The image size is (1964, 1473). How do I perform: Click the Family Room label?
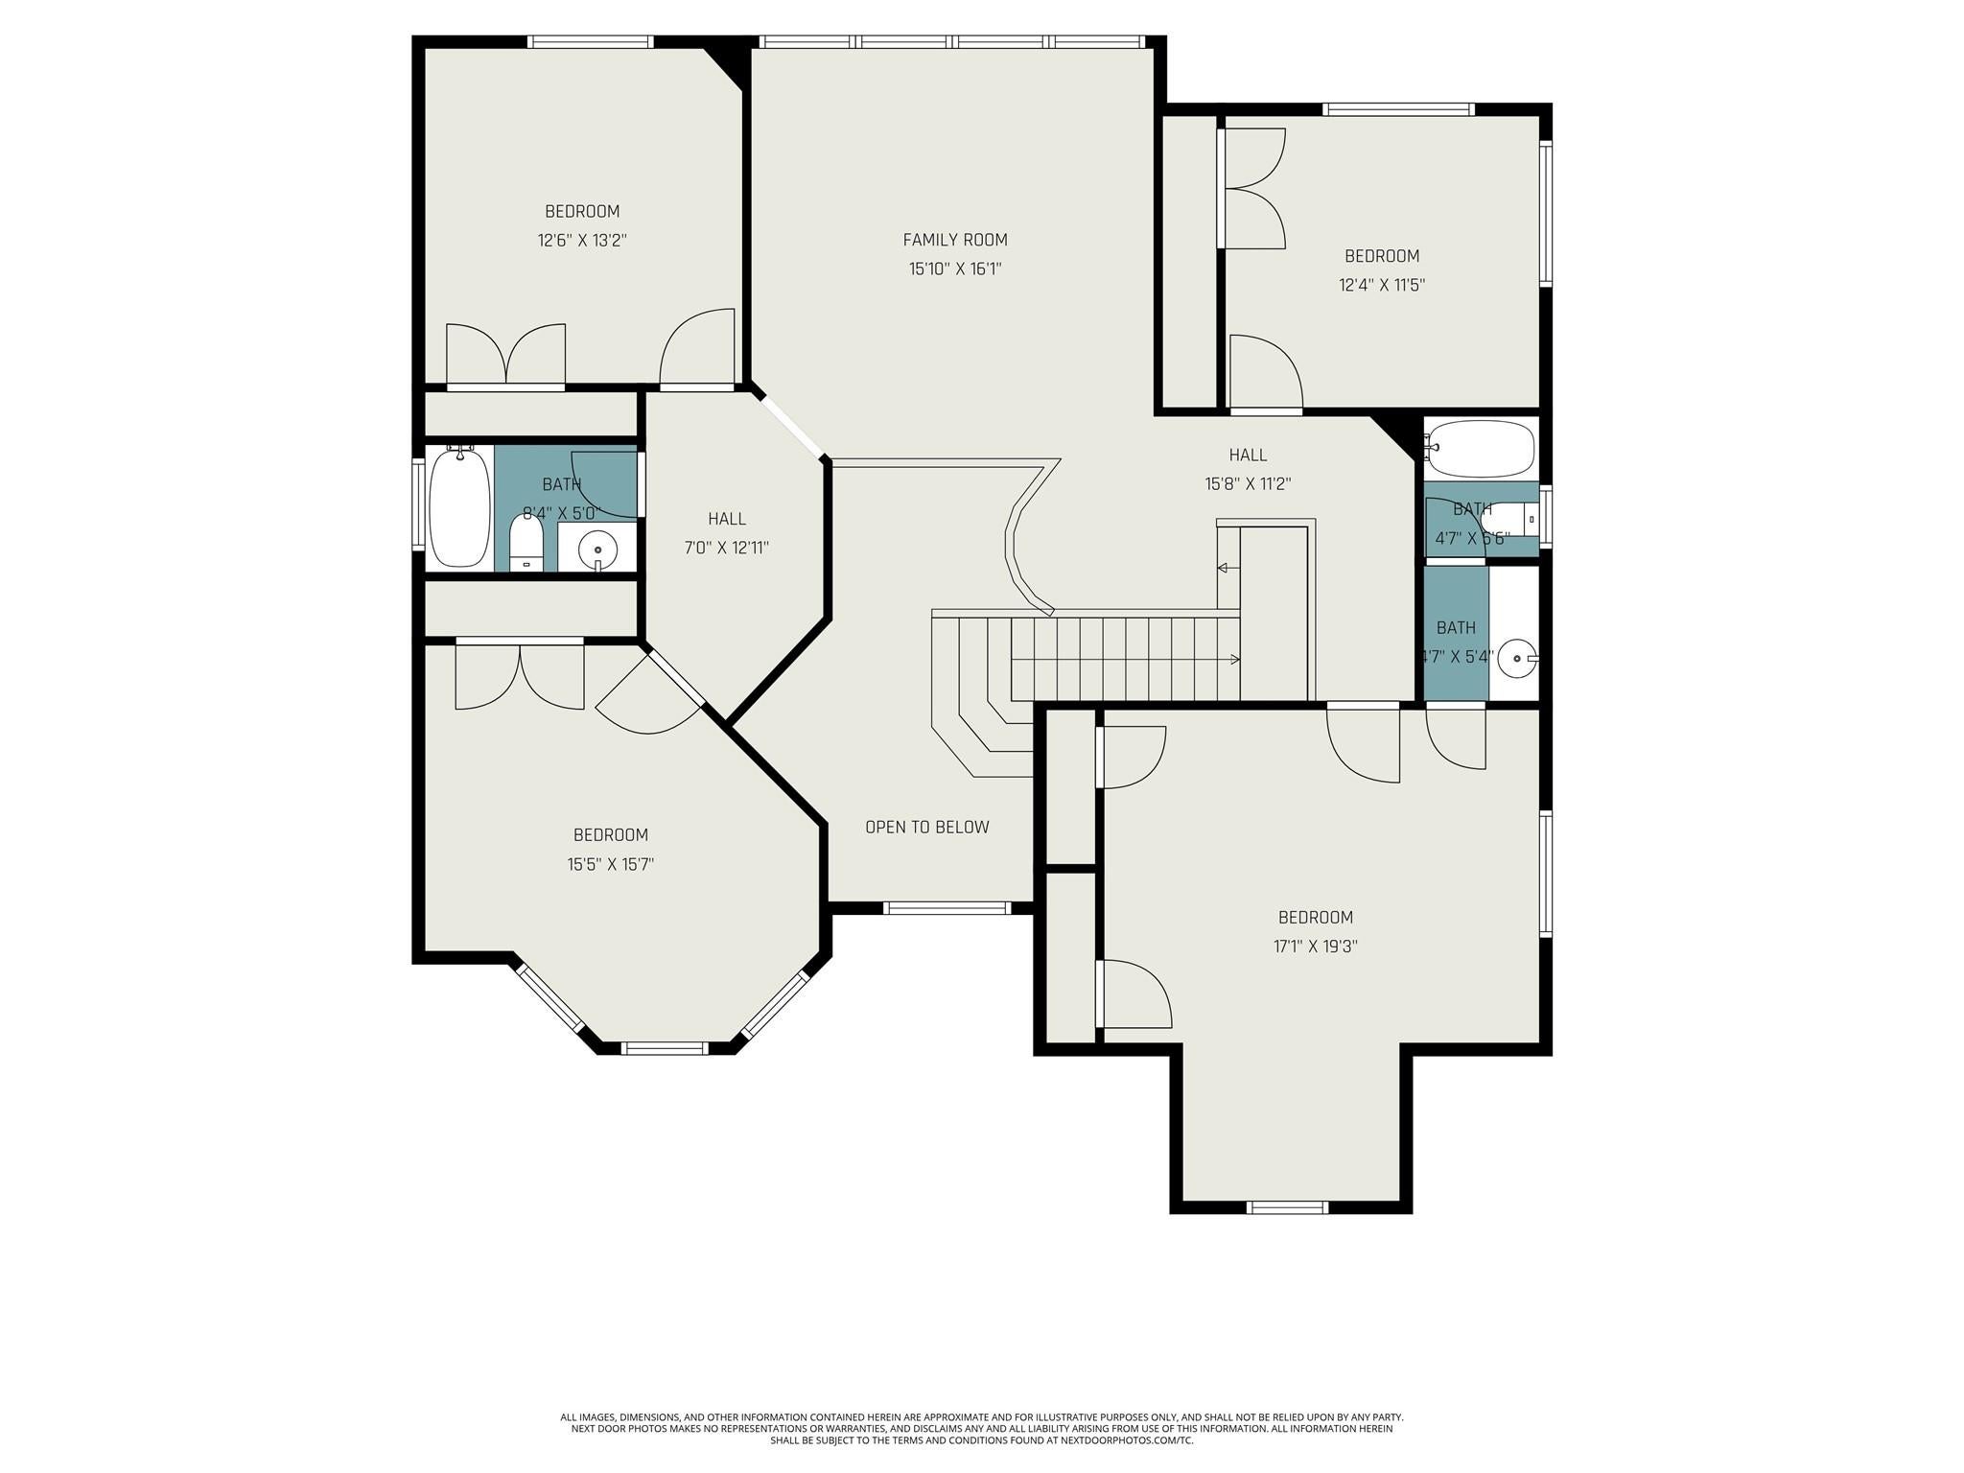click(955, 240)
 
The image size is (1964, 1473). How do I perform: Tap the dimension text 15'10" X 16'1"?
click(955, 269)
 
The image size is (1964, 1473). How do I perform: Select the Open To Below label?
click(927, 827)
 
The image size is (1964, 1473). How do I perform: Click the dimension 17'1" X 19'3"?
click(1315, 947)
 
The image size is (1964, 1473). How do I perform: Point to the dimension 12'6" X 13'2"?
click(582, 241)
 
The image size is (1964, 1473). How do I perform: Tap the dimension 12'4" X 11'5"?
click(1382, 285)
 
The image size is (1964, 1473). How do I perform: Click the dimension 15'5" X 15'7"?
click(611, 864)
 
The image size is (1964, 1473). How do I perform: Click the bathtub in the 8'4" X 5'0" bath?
click(458, 507)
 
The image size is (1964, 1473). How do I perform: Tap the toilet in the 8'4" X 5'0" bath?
click(526, 543)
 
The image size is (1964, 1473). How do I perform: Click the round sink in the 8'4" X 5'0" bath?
click(597, 549)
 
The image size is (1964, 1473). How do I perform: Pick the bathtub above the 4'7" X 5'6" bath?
click(1480, 449)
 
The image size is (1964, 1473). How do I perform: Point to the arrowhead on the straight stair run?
click(1235, 659)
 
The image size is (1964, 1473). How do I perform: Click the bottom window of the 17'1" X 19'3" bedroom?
click(1287, 1207)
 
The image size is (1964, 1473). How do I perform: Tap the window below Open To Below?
click(947, 907)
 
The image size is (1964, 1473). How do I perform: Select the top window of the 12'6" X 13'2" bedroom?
click(590, 41)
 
